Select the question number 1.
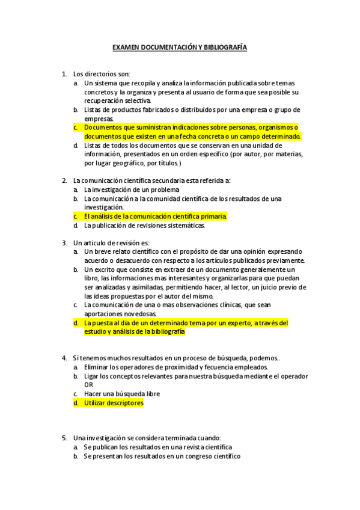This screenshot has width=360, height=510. [x=64, y=74]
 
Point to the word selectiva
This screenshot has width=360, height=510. [x=136, y=100]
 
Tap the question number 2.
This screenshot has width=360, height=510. [x=64, y=180]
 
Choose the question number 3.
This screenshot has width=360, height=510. [x=64, y=242]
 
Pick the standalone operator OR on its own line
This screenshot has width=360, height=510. [x=89, y=384]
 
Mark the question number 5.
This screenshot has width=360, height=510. [x=64, y=438]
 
